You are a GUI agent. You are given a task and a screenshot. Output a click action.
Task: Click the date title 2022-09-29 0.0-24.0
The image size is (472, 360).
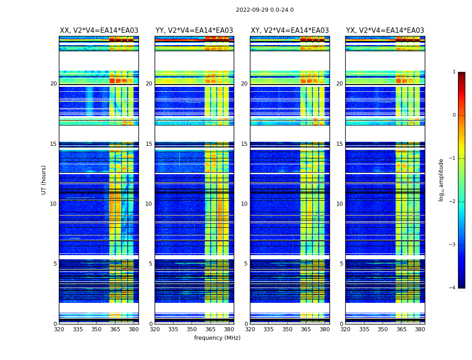click(x=265, y=10)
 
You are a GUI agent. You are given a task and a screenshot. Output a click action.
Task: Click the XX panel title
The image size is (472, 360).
click(x=99, y=31)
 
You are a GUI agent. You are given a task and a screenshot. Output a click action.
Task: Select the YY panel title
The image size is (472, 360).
click(x=194, y=31)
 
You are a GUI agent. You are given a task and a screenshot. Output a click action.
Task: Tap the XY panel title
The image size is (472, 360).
click(x=289, y=31)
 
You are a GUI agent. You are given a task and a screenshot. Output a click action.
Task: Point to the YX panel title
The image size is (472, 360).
click(x=385, y=31)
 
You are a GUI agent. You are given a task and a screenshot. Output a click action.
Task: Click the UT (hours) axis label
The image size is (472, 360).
click(x=44, y=180)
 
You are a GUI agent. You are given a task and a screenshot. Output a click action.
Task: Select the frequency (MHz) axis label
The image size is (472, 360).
click(x=217, y=338)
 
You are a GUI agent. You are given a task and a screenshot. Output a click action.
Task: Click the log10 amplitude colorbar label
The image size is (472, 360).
click(x=441, y=180)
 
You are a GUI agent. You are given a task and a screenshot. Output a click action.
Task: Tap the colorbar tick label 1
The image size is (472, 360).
click(x=454, y=72)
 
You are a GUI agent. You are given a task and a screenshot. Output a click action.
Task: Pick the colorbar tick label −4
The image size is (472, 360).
click(x=452, y=288)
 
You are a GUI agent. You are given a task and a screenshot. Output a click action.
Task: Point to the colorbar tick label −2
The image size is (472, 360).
click(x=452, y=202)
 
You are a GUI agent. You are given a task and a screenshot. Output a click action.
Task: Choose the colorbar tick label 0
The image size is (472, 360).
click(x=454, y=115)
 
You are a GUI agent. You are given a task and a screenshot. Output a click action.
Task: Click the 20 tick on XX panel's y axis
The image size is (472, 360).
click(x=53, y=84)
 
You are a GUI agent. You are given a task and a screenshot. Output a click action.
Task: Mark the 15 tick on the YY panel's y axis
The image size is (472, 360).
click(x=149, y=144)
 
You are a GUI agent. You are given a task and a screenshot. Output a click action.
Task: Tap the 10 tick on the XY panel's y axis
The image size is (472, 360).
click(x=244, y=204)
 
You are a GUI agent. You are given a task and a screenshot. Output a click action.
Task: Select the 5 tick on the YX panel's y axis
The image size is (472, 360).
click(x=341, y=264)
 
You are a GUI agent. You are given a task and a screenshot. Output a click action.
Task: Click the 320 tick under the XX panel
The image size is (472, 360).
click(x=59, y=329)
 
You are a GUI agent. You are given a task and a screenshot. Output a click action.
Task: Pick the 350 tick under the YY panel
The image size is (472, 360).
click(x=192, y=329)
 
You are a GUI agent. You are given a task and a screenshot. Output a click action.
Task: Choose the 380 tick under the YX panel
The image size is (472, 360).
click(x=420, y=329)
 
